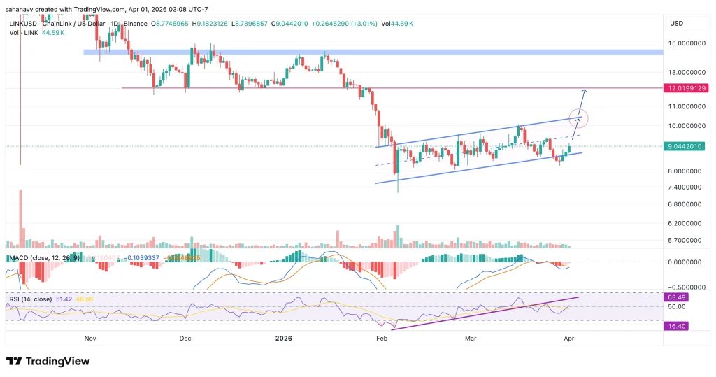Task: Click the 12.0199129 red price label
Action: (x=688, y=88)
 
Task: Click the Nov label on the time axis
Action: (x=89, y=338)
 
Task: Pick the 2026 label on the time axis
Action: (x=283, y=338)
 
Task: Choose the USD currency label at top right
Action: (x=676, y=23)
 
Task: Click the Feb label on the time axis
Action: (x=381, y=338)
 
